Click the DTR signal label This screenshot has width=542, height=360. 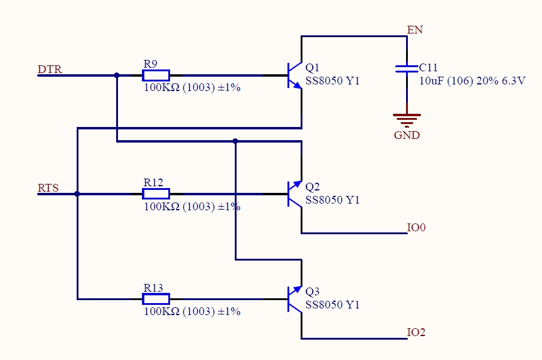pos(50,69)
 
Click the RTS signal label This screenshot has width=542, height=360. pos(49,188)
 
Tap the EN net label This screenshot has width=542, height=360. pos(414,30)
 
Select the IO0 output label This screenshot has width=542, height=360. pos(416,227)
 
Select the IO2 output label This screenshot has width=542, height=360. pos(416,332)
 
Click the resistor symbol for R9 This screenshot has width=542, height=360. pos(156,75)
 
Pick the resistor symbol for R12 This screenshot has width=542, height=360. pos(156,193)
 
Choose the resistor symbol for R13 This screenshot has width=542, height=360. pos(156,299)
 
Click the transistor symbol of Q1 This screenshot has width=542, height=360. pos(294,75)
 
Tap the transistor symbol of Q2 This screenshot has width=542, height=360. pos(294,193)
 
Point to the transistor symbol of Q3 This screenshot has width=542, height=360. pos(294,299)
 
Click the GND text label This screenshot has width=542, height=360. pos(407,135)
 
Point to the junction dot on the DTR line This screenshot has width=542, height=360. pos(117,75)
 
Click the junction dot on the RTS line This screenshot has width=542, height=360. pos(77,193)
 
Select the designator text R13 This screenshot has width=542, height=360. pos(153,288)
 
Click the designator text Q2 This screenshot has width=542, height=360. pos(313,187)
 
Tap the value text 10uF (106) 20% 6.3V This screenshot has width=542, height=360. pos(472,80)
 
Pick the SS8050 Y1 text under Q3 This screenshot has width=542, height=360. pos(332,305)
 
